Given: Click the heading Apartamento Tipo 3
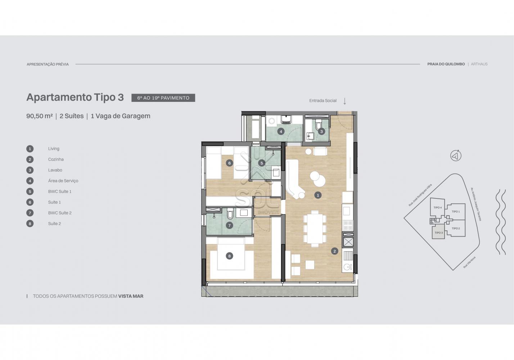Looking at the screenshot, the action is pos(75,97).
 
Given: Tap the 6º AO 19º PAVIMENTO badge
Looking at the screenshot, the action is pos(163,98).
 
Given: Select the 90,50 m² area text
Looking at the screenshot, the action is pos(40,116).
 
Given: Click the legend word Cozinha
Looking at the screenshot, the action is pos(56,159).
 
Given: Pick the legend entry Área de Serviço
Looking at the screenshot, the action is pos(63,181).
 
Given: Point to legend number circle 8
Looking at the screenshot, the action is pos(30,224).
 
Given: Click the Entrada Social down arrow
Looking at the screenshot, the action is pos(345,101).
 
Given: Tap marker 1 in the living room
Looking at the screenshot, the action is pos(318,195).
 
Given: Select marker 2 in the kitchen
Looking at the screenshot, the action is pos(334,251).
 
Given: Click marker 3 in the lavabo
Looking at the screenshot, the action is pos(321,131).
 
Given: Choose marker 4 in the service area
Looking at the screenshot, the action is pos(281,131).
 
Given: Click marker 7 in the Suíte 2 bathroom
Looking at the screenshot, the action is pos(230,226).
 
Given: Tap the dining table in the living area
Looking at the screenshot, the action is pos(315,229).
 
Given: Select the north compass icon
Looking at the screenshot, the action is pos(456,156).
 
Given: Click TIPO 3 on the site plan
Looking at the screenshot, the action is pos(439,233).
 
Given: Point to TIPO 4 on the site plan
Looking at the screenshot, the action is pos(438,208).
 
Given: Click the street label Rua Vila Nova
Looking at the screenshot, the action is pos(469,262).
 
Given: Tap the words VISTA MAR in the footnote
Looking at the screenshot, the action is pos(131,296).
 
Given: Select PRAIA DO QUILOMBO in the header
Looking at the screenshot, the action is pos(446,64).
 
